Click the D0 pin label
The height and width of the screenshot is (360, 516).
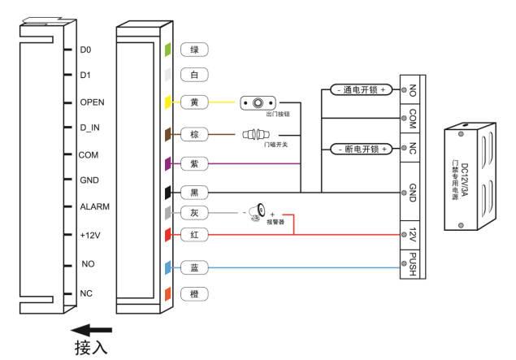point(85,50)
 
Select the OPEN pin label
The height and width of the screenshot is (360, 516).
point(92,102)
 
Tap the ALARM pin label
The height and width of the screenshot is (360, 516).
point(94,206)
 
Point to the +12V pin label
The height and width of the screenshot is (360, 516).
point(91,235)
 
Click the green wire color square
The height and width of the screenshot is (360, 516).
point(168,50)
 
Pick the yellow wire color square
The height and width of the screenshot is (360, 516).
point(168,103)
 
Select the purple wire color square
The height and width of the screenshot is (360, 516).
point(168,163)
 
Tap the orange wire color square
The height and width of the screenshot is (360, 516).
point(168,293)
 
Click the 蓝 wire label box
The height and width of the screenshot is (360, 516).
point(194,266)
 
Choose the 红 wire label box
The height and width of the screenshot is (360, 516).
point(194,235)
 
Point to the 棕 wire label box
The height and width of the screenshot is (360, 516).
point(194,132)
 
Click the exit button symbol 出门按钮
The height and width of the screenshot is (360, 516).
point(258,104)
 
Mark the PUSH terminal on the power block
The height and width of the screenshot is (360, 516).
point(412,264)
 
